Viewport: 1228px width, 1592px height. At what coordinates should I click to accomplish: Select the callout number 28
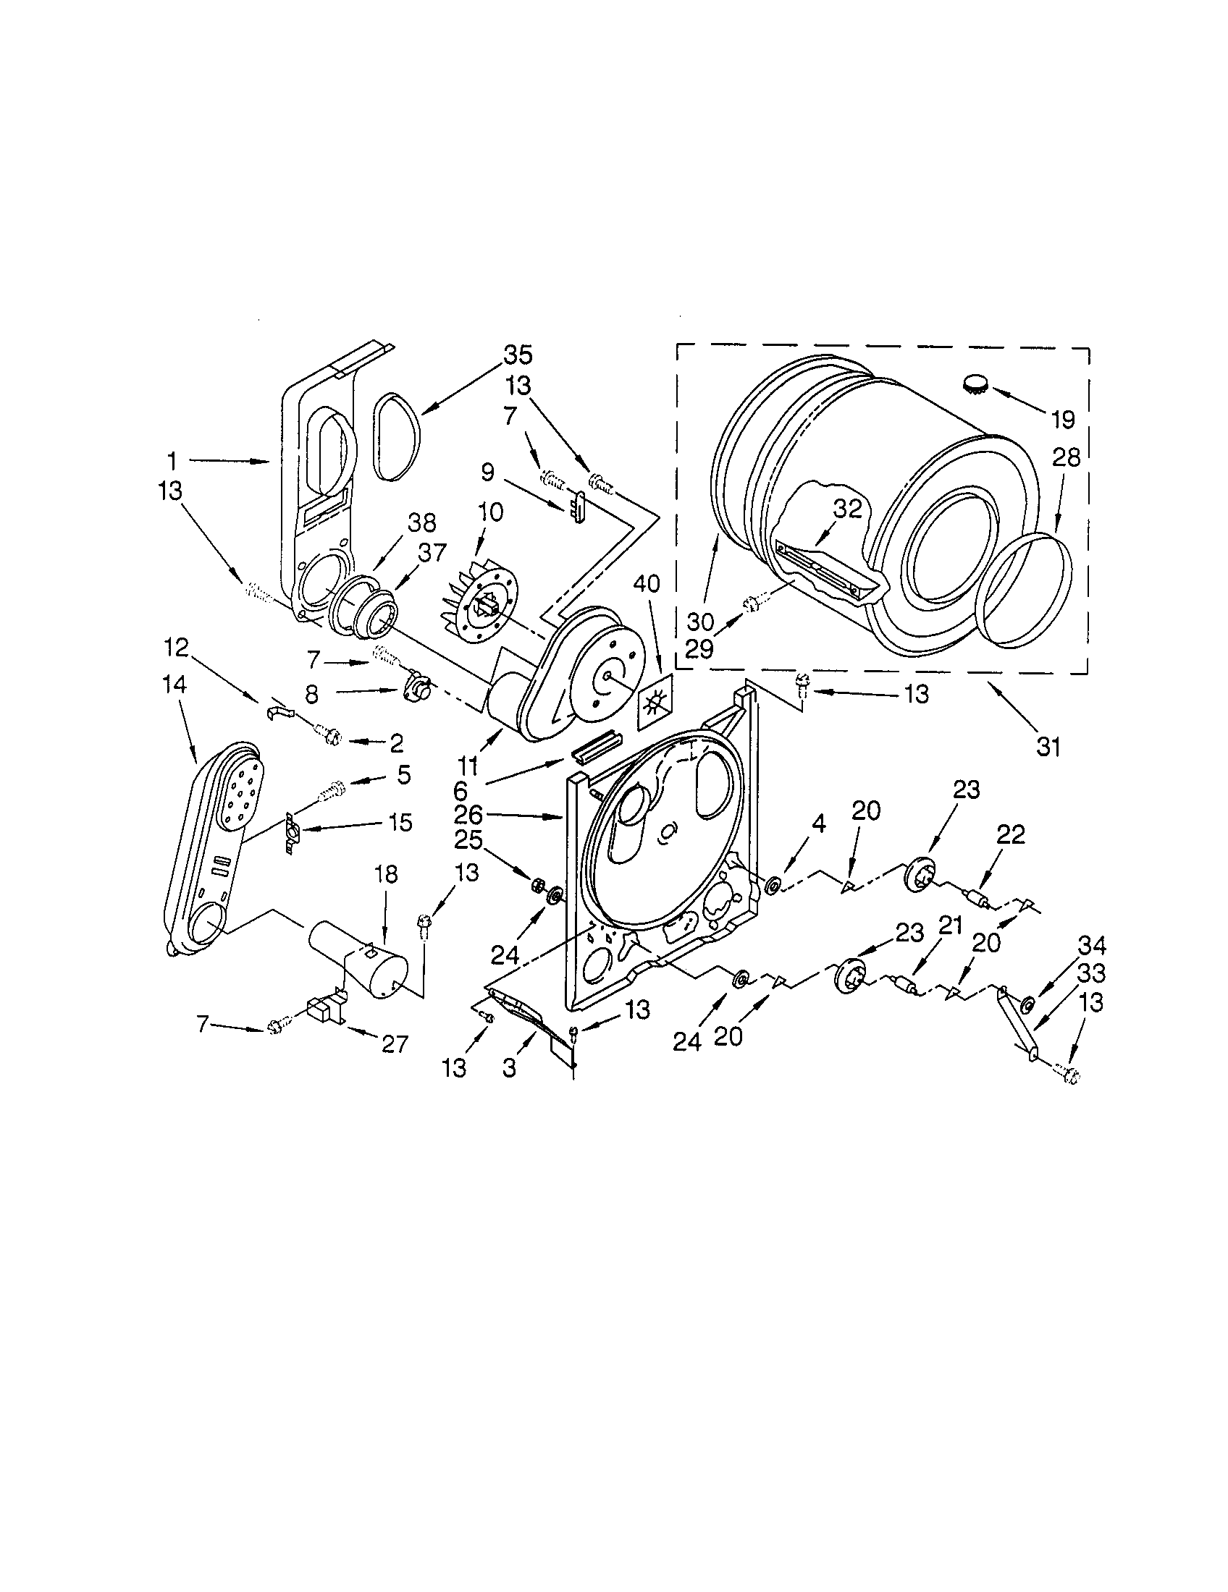[x=1065, y=459]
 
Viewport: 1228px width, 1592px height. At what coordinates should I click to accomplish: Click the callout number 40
[x=646, y=583]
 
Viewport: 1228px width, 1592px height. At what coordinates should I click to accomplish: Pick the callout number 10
[x=490, y=512]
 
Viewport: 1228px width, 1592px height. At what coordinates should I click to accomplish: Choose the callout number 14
[x=175, y=684]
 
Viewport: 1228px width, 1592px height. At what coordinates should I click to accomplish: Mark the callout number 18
[x=386, y=874]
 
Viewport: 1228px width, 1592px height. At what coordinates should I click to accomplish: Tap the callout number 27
[x=394, y=1043]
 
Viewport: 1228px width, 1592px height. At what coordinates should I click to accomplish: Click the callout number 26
[x=468, y=814]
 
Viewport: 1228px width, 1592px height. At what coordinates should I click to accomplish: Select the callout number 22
[x=1011, y=834]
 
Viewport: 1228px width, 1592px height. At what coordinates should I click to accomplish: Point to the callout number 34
[x=1092, y=946]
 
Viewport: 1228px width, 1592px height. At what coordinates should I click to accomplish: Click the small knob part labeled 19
[x=976, y=382]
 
